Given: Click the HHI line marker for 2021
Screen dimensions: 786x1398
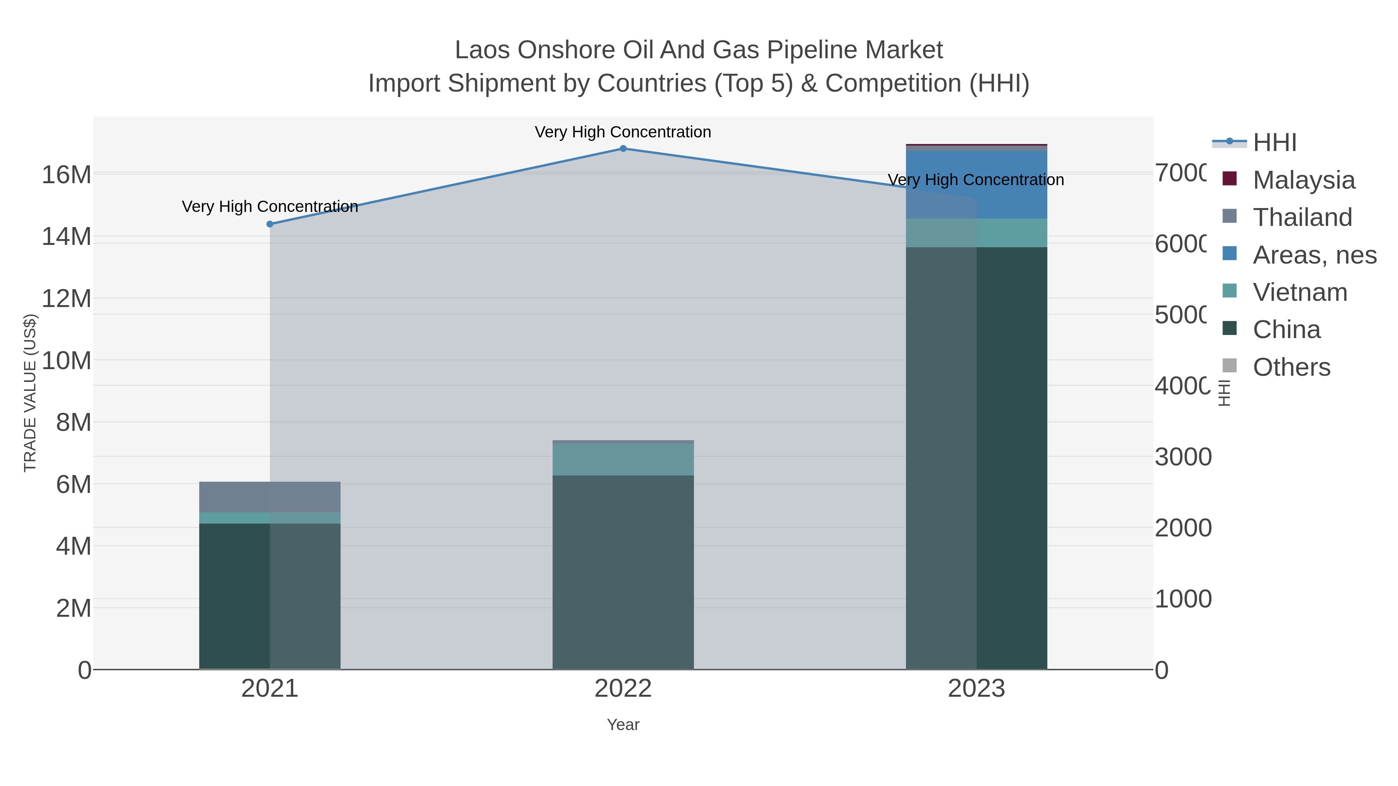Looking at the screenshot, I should (x=270, y=224).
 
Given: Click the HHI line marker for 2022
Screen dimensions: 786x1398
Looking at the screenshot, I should (x=623, y=149).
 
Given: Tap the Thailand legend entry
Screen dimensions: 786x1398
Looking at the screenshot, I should (x=1302, y=217).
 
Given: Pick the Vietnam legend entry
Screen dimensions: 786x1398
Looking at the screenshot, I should (x=1300, y=292).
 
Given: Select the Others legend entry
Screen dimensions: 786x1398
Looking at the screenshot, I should (x=1291, y=367).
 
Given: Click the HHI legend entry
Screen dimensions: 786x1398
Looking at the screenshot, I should (x=1274, y=142).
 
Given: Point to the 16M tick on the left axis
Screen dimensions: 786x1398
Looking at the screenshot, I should (x=66, y=175).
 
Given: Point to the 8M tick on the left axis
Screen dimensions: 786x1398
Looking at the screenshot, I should (x=73, y=422).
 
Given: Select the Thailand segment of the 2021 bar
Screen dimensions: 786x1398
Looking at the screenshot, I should (x=270, y=497).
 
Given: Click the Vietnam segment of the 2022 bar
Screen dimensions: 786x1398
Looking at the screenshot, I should (x=623, y=460).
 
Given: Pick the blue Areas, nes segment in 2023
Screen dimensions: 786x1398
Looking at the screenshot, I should (x=976, y=184).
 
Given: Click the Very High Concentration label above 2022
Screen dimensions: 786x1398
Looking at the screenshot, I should (x=623, y=132).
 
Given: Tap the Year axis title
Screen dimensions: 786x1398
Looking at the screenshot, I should (x=623, y=725).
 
